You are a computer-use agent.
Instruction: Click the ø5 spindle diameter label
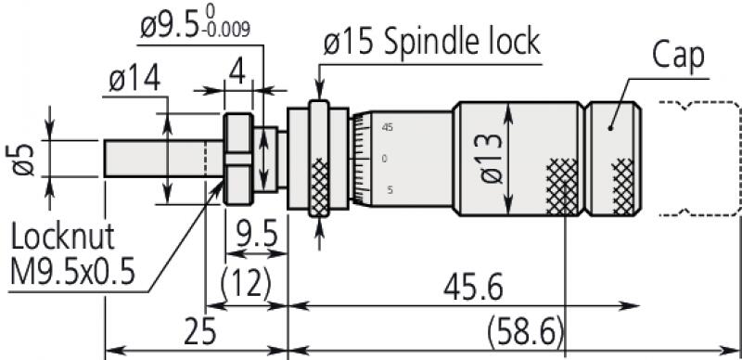(x=21, y=160)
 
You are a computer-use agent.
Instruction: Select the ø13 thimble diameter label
(x=492, y=159)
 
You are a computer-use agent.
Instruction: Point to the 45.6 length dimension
(x=473, y=288)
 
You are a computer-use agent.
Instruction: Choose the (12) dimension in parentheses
(x=246, y=284)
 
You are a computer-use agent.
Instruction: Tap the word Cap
(x=677, y=55)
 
